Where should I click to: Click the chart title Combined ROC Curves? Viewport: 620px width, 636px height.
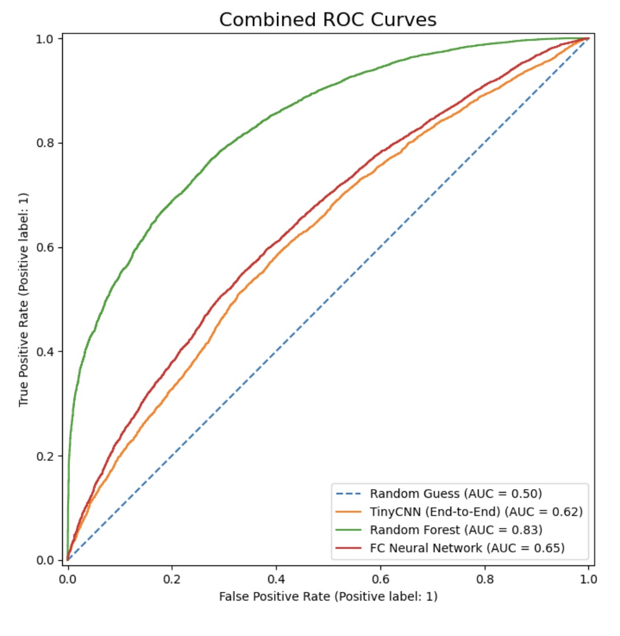coord(328,19)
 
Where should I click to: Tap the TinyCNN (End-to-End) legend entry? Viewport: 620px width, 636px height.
coord(476,511)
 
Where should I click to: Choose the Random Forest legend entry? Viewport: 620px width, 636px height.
coord(455,530)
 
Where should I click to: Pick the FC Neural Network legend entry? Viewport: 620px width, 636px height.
coord(467,548)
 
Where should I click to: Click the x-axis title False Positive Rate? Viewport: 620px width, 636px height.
coord(328,596)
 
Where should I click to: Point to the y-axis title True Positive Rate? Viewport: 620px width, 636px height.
coord(23,299)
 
